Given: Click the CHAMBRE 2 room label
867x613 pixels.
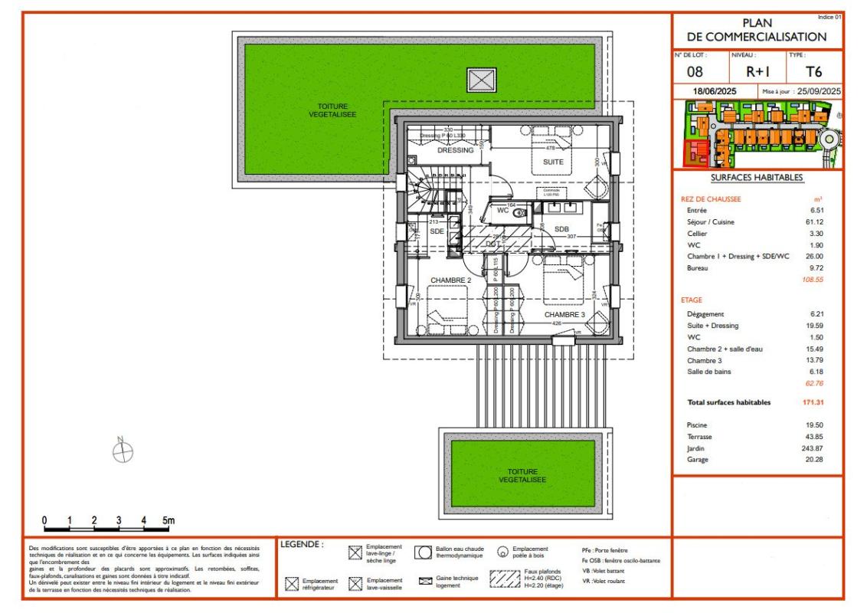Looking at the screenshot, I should [450, 280].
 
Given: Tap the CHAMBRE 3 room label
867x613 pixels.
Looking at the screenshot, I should [564, 315].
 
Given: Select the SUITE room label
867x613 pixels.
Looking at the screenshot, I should [553, 162].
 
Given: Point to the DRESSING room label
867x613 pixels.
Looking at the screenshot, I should [456, 150].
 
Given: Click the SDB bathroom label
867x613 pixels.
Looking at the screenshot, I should [561, 228].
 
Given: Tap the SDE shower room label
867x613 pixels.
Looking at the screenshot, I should [437, 231].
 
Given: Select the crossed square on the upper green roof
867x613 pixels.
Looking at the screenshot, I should [481, 80].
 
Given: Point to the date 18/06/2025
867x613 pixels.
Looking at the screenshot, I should [715, 91].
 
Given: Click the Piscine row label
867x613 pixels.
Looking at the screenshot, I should [698, 425].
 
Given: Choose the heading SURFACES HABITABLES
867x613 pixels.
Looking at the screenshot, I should [757, 178].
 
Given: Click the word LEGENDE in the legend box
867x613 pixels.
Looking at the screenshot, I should [302, 545].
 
